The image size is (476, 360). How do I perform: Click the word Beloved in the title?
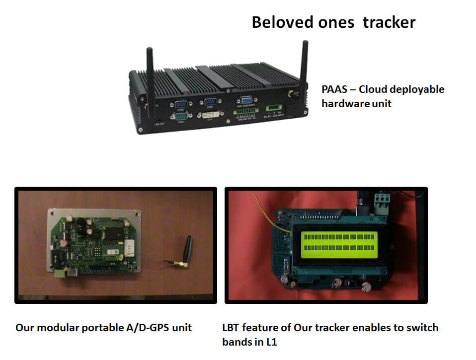coord(282,22)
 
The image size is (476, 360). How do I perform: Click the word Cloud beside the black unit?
coord(374,90)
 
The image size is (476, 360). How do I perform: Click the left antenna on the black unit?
coord(150,74)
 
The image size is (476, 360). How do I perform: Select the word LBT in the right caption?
coord(231,328)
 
